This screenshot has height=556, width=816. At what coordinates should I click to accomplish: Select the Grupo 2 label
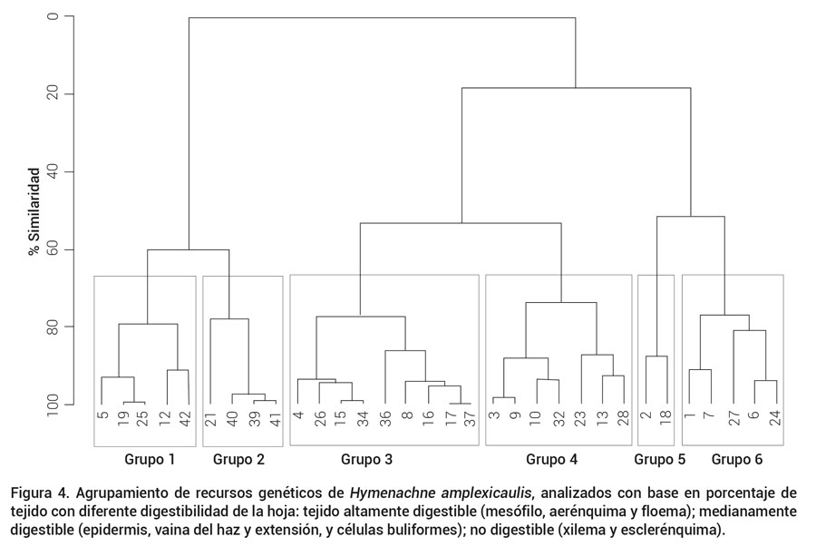pyautogui.click(x=239, y=459)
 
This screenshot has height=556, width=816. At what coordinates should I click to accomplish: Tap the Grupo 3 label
pyautogui.click(x=366, y=459)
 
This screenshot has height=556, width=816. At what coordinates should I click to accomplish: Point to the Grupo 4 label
pyautogui.click(x=551, y=459)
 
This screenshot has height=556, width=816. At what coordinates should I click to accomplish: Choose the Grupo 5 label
pyautogui.click(x=659, y=459)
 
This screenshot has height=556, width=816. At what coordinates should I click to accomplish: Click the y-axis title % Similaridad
pyautogui.click(x=34, y=210)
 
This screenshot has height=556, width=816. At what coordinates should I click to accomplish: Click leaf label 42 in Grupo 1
pyautogui.click(x=188, y=419)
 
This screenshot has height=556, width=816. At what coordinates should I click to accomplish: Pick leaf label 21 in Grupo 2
pyautogui.click(x=210, y=419)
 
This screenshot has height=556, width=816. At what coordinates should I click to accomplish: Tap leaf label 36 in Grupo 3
pyautogui.click(x=385, y=419)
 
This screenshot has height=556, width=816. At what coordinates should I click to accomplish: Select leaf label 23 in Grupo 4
pyautogui.click(x=581, y=419)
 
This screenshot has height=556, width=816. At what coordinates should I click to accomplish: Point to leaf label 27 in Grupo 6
pyautogui.click(x=733, y=419)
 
